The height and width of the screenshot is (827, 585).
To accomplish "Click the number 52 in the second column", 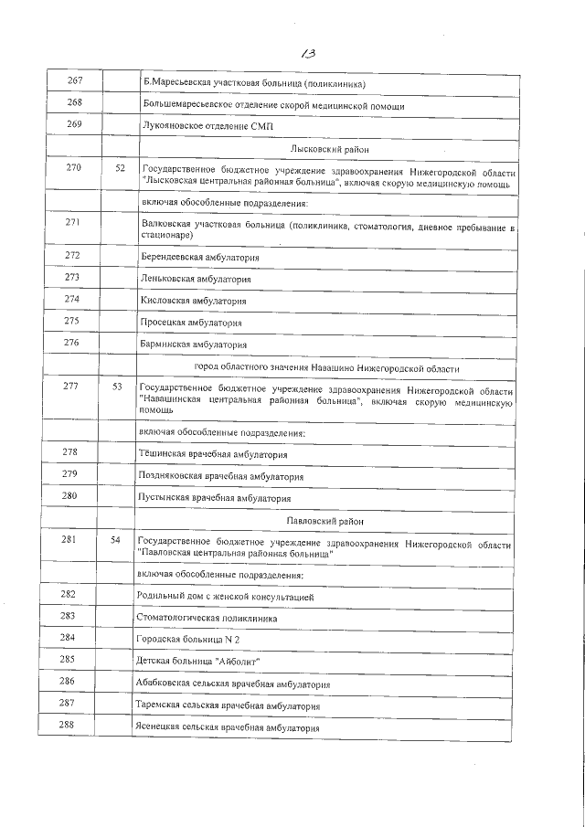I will click(120, 170).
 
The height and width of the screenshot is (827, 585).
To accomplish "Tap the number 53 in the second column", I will click(116, 387).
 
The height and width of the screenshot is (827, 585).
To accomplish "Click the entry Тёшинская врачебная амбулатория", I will click(212, 453).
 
